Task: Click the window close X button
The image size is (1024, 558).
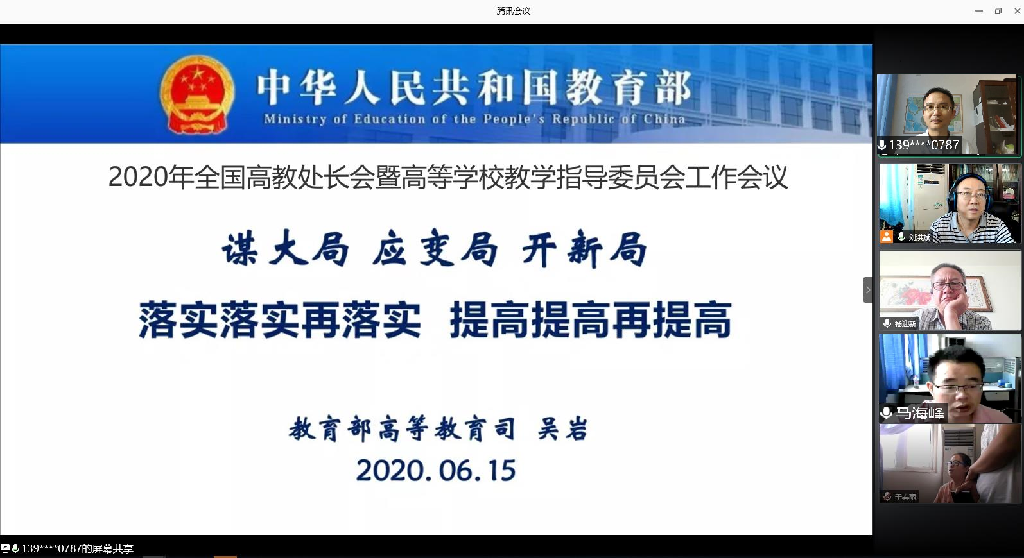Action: click(1017, 11)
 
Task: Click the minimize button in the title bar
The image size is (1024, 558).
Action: click(979, 11)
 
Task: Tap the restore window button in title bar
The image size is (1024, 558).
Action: click(998, 11)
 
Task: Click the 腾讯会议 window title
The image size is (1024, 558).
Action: click(513, 11)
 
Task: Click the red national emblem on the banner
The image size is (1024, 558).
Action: click(197, 94)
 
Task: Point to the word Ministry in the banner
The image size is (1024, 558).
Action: click(295, 119)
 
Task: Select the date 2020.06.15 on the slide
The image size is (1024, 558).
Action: click(436, 470)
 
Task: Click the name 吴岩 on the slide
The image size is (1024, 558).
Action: click(563, 429)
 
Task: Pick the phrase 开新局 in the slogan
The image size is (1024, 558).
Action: click(584, 249)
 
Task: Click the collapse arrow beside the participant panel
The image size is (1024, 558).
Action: click(867, 290)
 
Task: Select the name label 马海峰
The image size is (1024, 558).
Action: click(919, 413)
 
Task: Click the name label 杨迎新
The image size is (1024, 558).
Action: click(905, 324)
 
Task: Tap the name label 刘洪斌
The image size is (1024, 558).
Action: click(919, 237)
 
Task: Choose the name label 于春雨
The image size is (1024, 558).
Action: click(906, 497)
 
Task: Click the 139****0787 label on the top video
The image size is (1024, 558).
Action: click(923, 145)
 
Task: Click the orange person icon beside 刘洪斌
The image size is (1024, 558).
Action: click(887, 237)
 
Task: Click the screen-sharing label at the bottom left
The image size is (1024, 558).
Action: click(77, 548)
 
